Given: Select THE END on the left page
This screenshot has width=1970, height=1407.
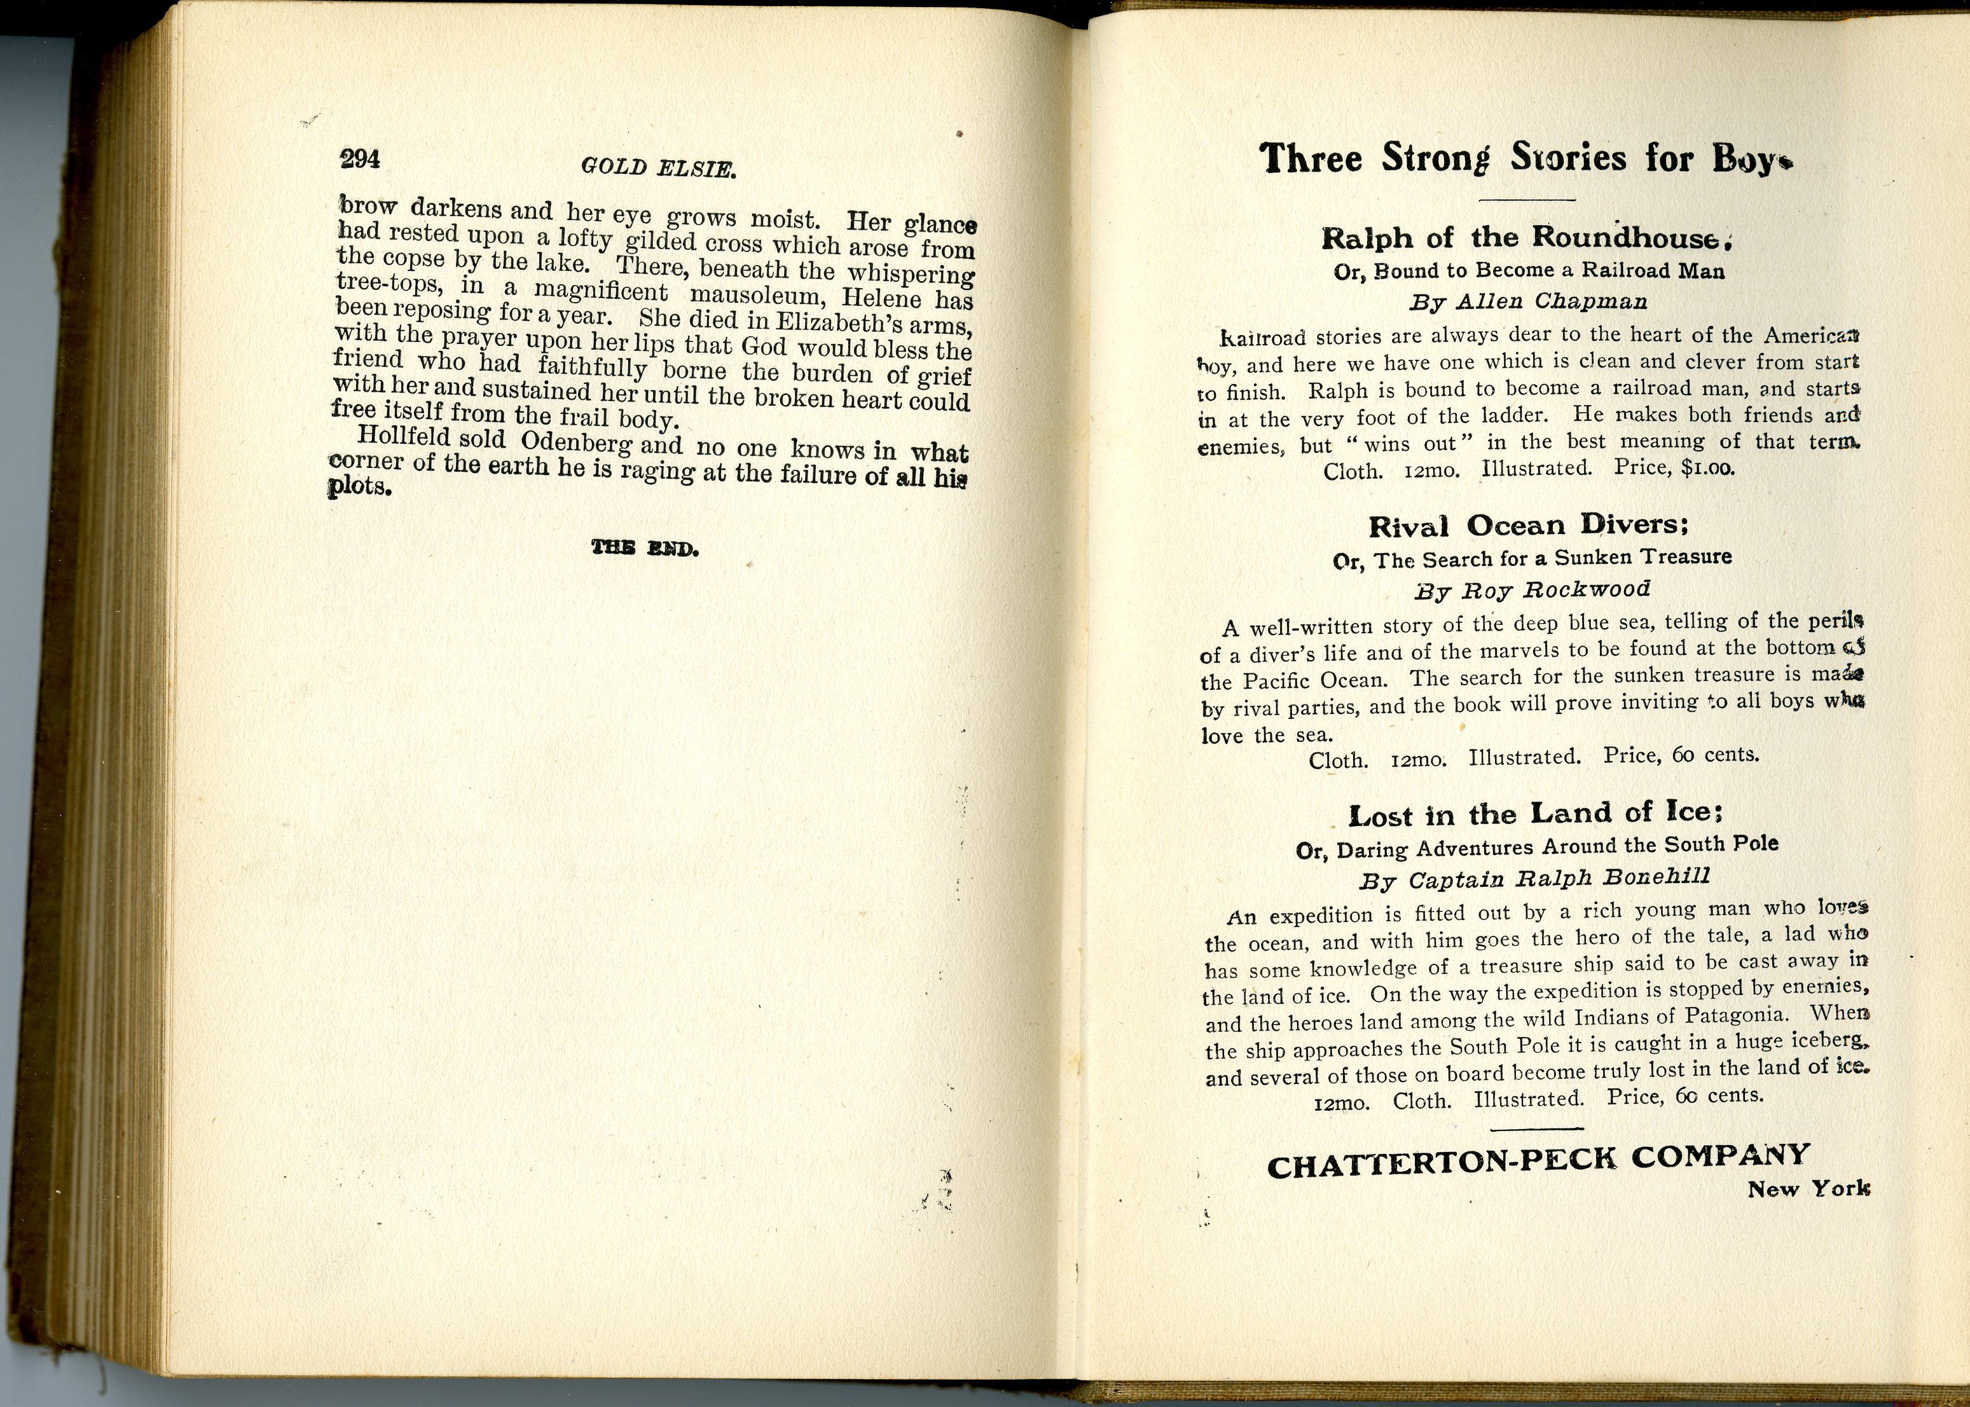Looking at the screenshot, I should tap(645, 547).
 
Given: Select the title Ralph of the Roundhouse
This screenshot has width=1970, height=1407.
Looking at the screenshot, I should tap(1525, 237).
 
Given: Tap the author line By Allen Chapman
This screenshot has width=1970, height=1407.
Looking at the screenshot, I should tap(1527, 301).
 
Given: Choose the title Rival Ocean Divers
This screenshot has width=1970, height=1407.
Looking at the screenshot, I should tap(1528, 525).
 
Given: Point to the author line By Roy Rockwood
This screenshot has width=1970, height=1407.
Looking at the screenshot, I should tap(1532, 590).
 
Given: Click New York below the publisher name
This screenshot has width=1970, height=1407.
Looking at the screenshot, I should tap(1808, 1189).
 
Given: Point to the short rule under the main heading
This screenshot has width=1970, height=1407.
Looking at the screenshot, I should tap(1526, 201).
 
